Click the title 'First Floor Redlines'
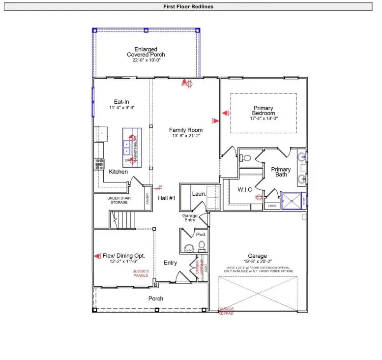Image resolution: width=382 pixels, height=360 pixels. tap(188, 7)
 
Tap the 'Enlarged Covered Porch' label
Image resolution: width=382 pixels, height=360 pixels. tap(146, 52)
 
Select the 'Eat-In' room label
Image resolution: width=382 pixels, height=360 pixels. tap(118, 102)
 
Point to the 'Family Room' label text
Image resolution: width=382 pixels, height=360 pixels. tap(186, 130)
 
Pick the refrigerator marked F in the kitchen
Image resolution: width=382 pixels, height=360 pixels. tap(100, 133)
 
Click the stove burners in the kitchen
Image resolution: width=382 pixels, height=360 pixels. tap(99, 163)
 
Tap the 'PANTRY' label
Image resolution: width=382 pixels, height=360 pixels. tap(147, 199)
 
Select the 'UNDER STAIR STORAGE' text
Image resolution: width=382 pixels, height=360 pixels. tap(118, 200)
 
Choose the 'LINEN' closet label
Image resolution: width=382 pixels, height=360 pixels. tap(271, 206)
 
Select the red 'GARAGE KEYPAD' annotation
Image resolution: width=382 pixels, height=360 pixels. tap(226, 310)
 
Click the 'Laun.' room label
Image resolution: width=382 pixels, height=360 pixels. tap(199, 194)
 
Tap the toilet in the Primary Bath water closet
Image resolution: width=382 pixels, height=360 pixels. tap(246, 158)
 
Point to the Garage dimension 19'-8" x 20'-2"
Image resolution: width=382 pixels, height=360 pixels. tap(257, 262)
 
